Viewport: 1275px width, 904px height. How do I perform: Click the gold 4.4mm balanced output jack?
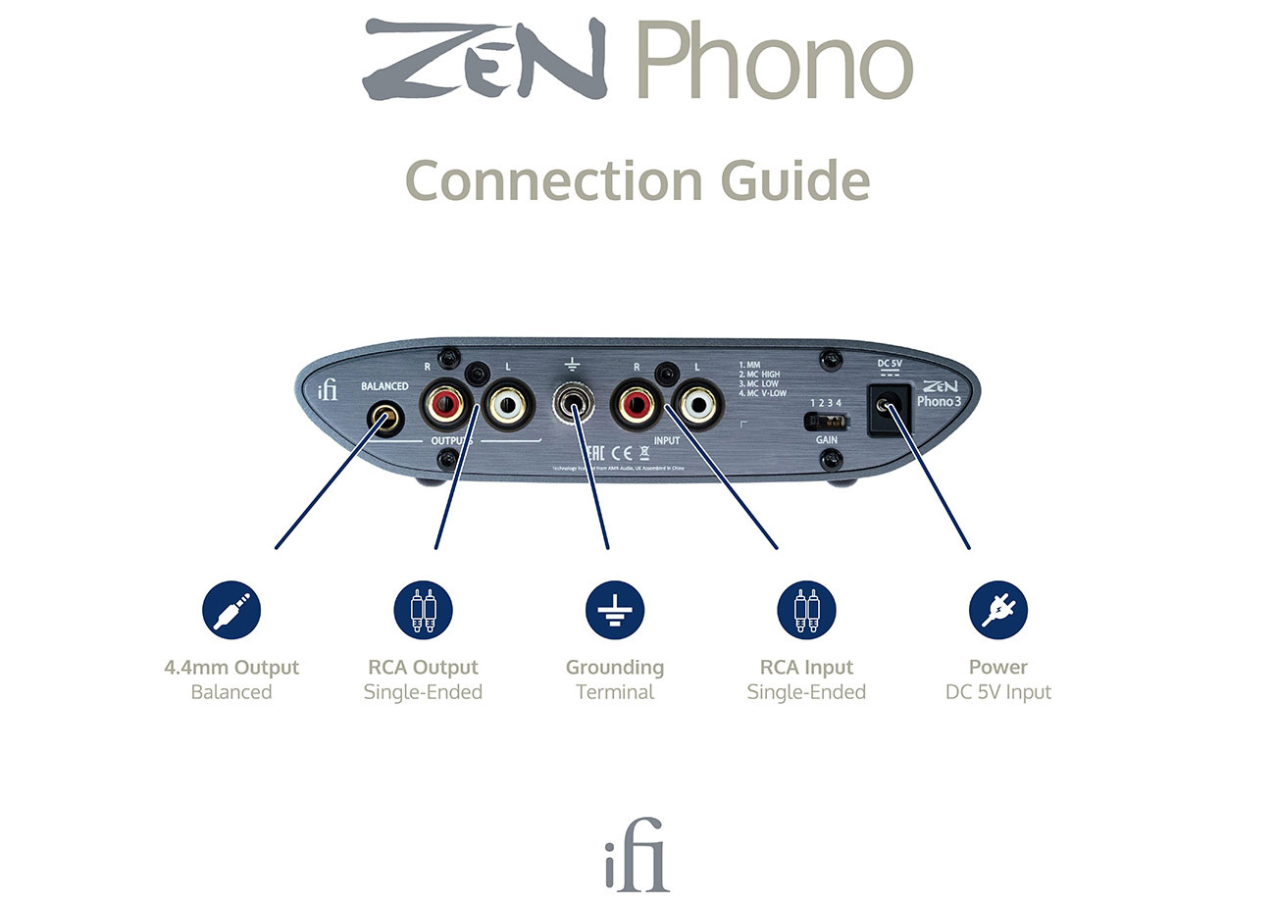[384, 420]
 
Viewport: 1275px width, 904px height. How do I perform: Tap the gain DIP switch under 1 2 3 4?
[827, 421]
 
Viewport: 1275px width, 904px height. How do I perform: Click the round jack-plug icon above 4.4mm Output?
[231, 609]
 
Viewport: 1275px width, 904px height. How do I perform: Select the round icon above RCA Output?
[423, 609]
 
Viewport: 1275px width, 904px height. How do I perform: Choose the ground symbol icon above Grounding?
[615, 609]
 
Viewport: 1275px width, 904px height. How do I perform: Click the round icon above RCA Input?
[806, 609]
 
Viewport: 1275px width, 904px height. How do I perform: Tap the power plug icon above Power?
[997, 609]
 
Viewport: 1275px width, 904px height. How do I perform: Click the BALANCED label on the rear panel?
[384, 386]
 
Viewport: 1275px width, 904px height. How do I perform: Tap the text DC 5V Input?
[997, 692]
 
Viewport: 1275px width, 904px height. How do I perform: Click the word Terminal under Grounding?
[615, 692]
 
